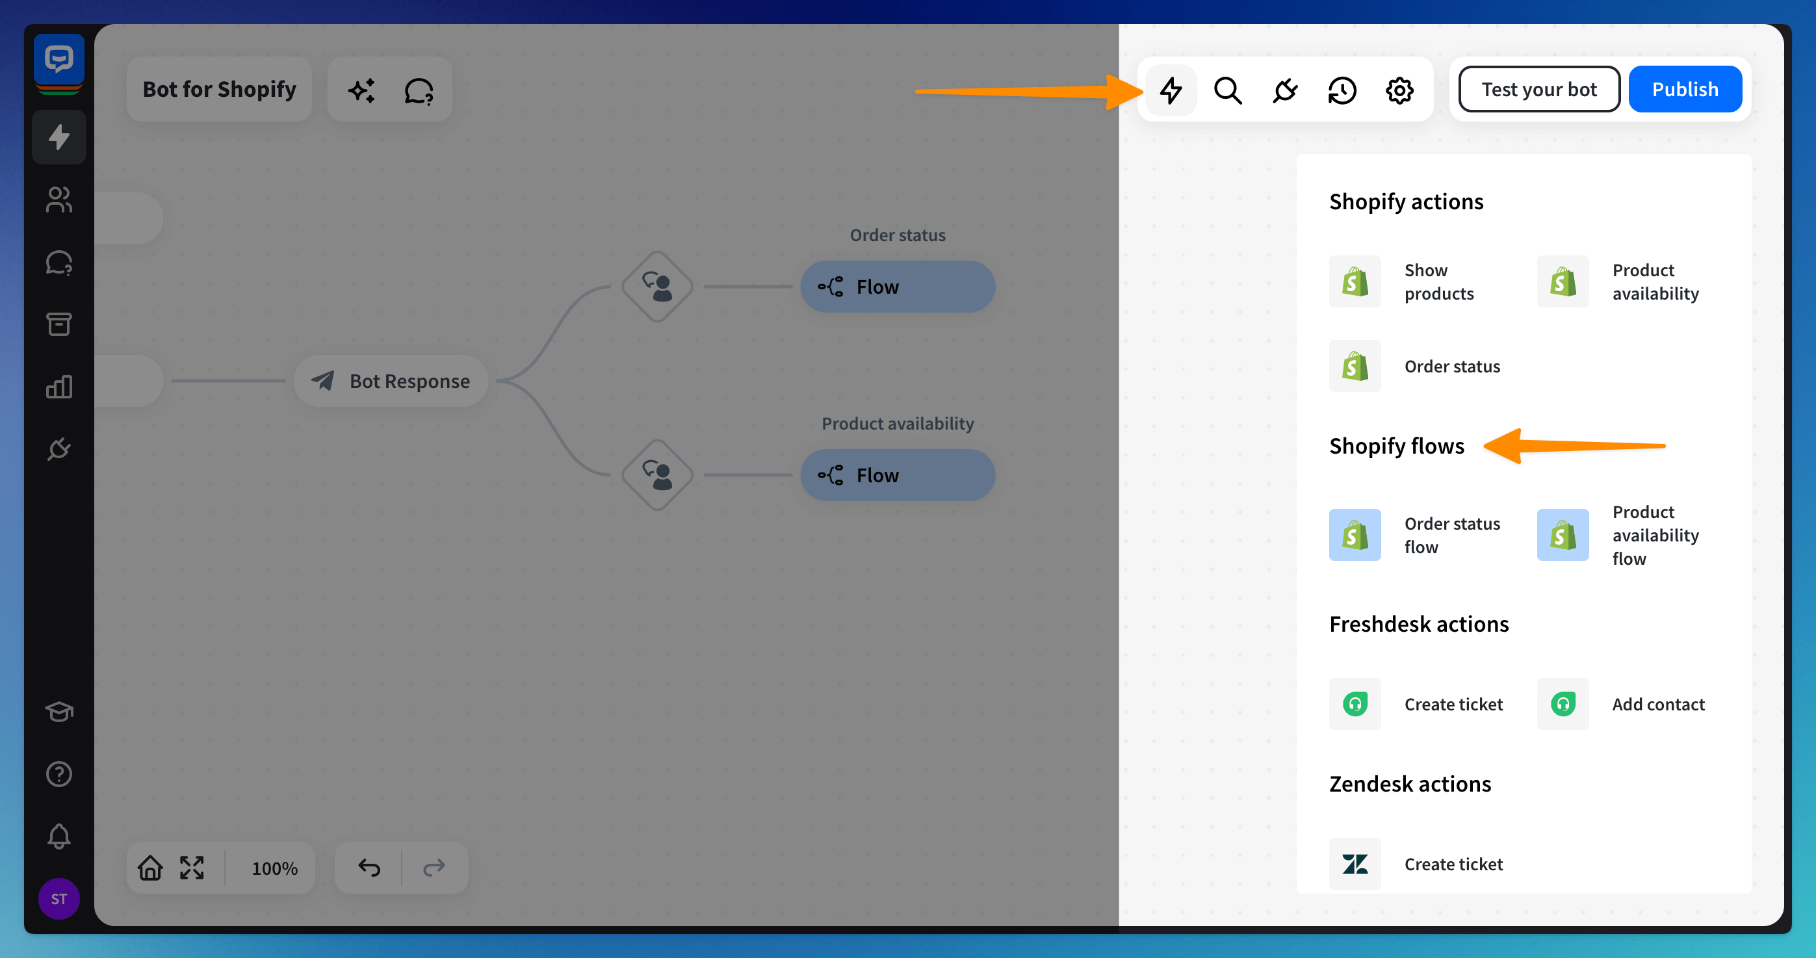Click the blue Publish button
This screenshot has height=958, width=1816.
pos(1685,90)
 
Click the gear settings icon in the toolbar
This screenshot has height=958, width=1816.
pos(1399,90)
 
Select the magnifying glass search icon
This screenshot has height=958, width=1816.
pos(1227,90)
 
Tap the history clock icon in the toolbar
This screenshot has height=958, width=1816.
pos(1342,90)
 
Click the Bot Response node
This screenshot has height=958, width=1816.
pos(391,381)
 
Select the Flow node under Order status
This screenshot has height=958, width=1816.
pos(898,287)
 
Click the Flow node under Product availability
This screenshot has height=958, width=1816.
pos(898,475)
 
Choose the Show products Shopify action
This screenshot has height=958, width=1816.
pos(1403,282)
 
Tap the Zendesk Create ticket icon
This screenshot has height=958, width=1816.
pos(1355,864)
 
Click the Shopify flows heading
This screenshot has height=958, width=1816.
pos(1397,447)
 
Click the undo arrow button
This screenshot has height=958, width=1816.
pos(369,867)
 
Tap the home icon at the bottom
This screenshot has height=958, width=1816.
pos(150,867)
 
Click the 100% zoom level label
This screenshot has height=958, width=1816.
pos(275,868)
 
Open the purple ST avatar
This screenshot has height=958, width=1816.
pos(59,899)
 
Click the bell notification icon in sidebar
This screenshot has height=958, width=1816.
pos(59,836)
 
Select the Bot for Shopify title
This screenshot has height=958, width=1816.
pos(219,90)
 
